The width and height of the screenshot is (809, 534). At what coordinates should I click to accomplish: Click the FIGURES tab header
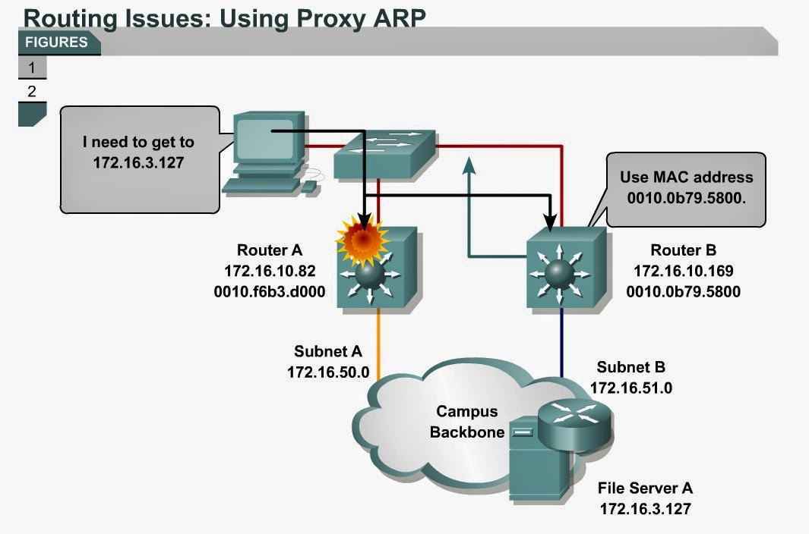click(x=57, y=42)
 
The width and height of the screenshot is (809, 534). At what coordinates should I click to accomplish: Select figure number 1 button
click(x=32, y=68)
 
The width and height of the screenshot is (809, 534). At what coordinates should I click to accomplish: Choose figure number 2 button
click(x=32, y=92)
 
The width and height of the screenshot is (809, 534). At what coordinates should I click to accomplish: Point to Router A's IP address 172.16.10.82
click(x=270, y=270)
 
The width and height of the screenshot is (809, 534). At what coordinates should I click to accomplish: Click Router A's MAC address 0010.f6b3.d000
click(x=270, y=289)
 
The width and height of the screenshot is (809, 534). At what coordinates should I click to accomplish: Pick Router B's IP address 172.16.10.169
click(x=684, y=271)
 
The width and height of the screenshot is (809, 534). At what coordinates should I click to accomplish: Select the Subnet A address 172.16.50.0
click(x=327, y=372)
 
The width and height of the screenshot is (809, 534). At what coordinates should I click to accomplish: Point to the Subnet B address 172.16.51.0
click(x=630, y=388)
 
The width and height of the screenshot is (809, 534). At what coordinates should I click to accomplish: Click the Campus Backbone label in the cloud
click(x=467, y=422)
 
